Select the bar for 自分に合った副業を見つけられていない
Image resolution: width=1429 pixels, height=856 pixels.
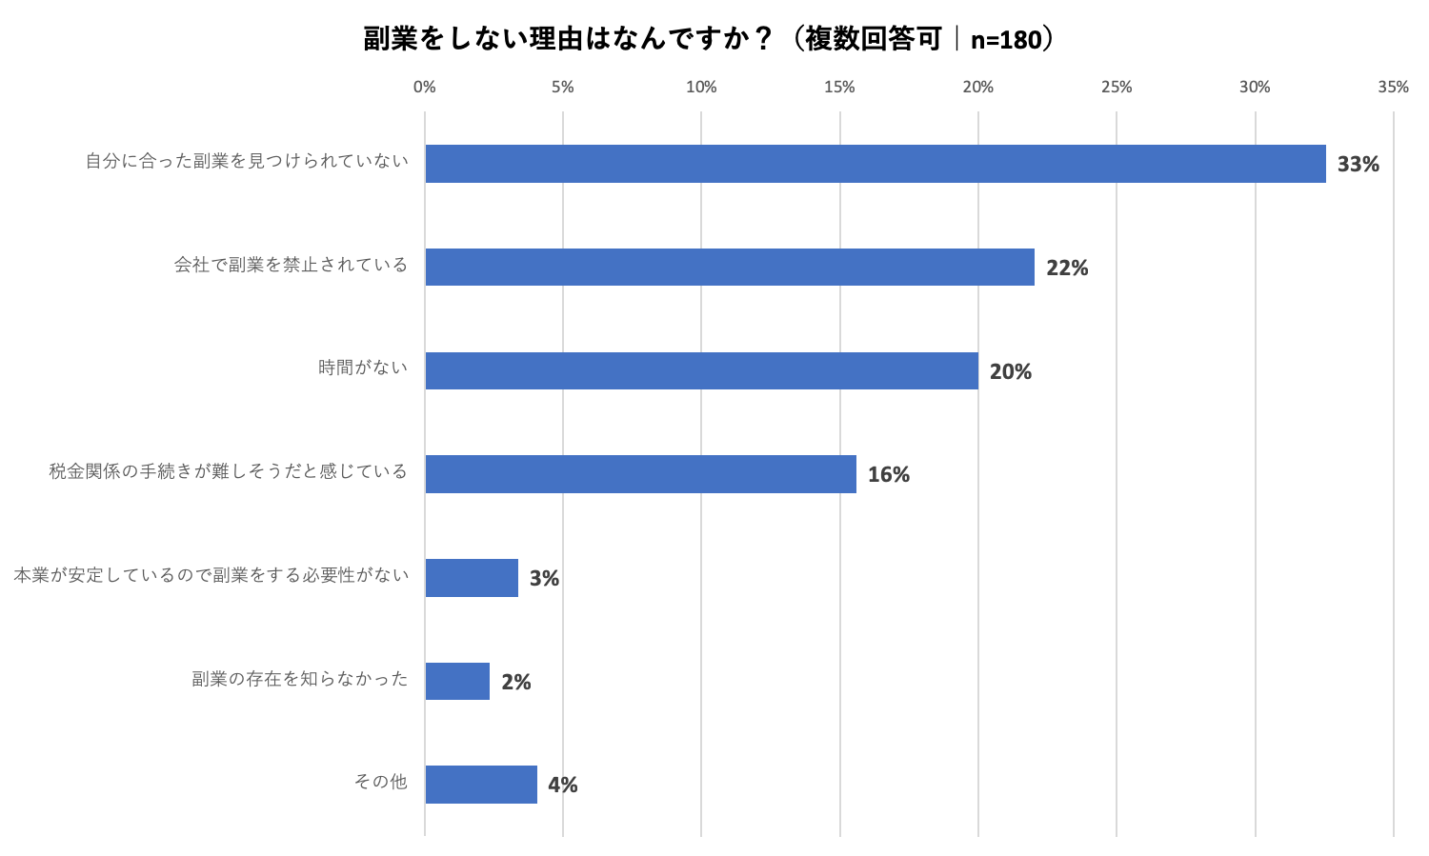[875, 164]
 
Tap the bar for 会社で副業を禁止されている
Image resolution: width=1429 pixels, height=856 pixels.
[729, 268]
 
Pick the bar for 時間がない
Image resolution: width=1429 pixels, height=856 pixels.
[701, 370]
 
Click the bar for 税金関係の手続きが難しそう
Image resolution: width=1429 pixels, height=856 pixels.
[640, 474]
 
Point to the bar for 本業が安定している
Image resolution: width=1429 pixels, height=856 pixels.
[472, 578]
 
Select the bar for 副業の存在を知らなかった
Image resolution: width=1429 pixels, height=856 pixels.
[457, 682]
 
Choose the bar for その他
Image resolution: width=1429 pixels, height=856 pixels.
[481, 785]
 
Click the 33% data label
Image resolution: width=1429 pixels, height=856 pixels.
[1358, 164]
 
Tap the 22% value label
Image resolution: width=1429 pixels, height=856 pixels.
[1067, 268]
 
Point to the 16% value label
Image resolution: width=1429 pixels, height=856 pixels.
[888, 474]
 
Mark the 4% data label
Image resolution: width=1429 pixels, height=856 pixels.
[562, 785]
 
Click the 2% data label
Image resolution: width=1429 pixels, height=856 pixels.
[515, 682]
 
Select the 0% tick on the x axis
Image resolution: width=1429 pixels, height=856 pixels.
[425, 87]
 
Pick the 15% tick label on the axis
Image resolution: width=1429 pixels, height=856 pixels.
[839, 87]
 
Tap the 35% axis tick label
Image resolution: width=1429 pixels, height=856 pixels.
[1393, 87]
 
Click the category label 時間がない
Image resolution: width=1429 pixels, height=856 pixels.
[363, 368]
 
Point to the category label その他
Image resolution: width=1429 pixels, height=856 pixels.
[381, 782]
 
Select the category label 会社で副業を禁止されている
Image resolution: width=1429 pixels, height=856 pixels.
[291, 265]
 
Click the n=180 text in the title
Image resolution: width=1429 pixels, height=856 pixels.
[1005, 40]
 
